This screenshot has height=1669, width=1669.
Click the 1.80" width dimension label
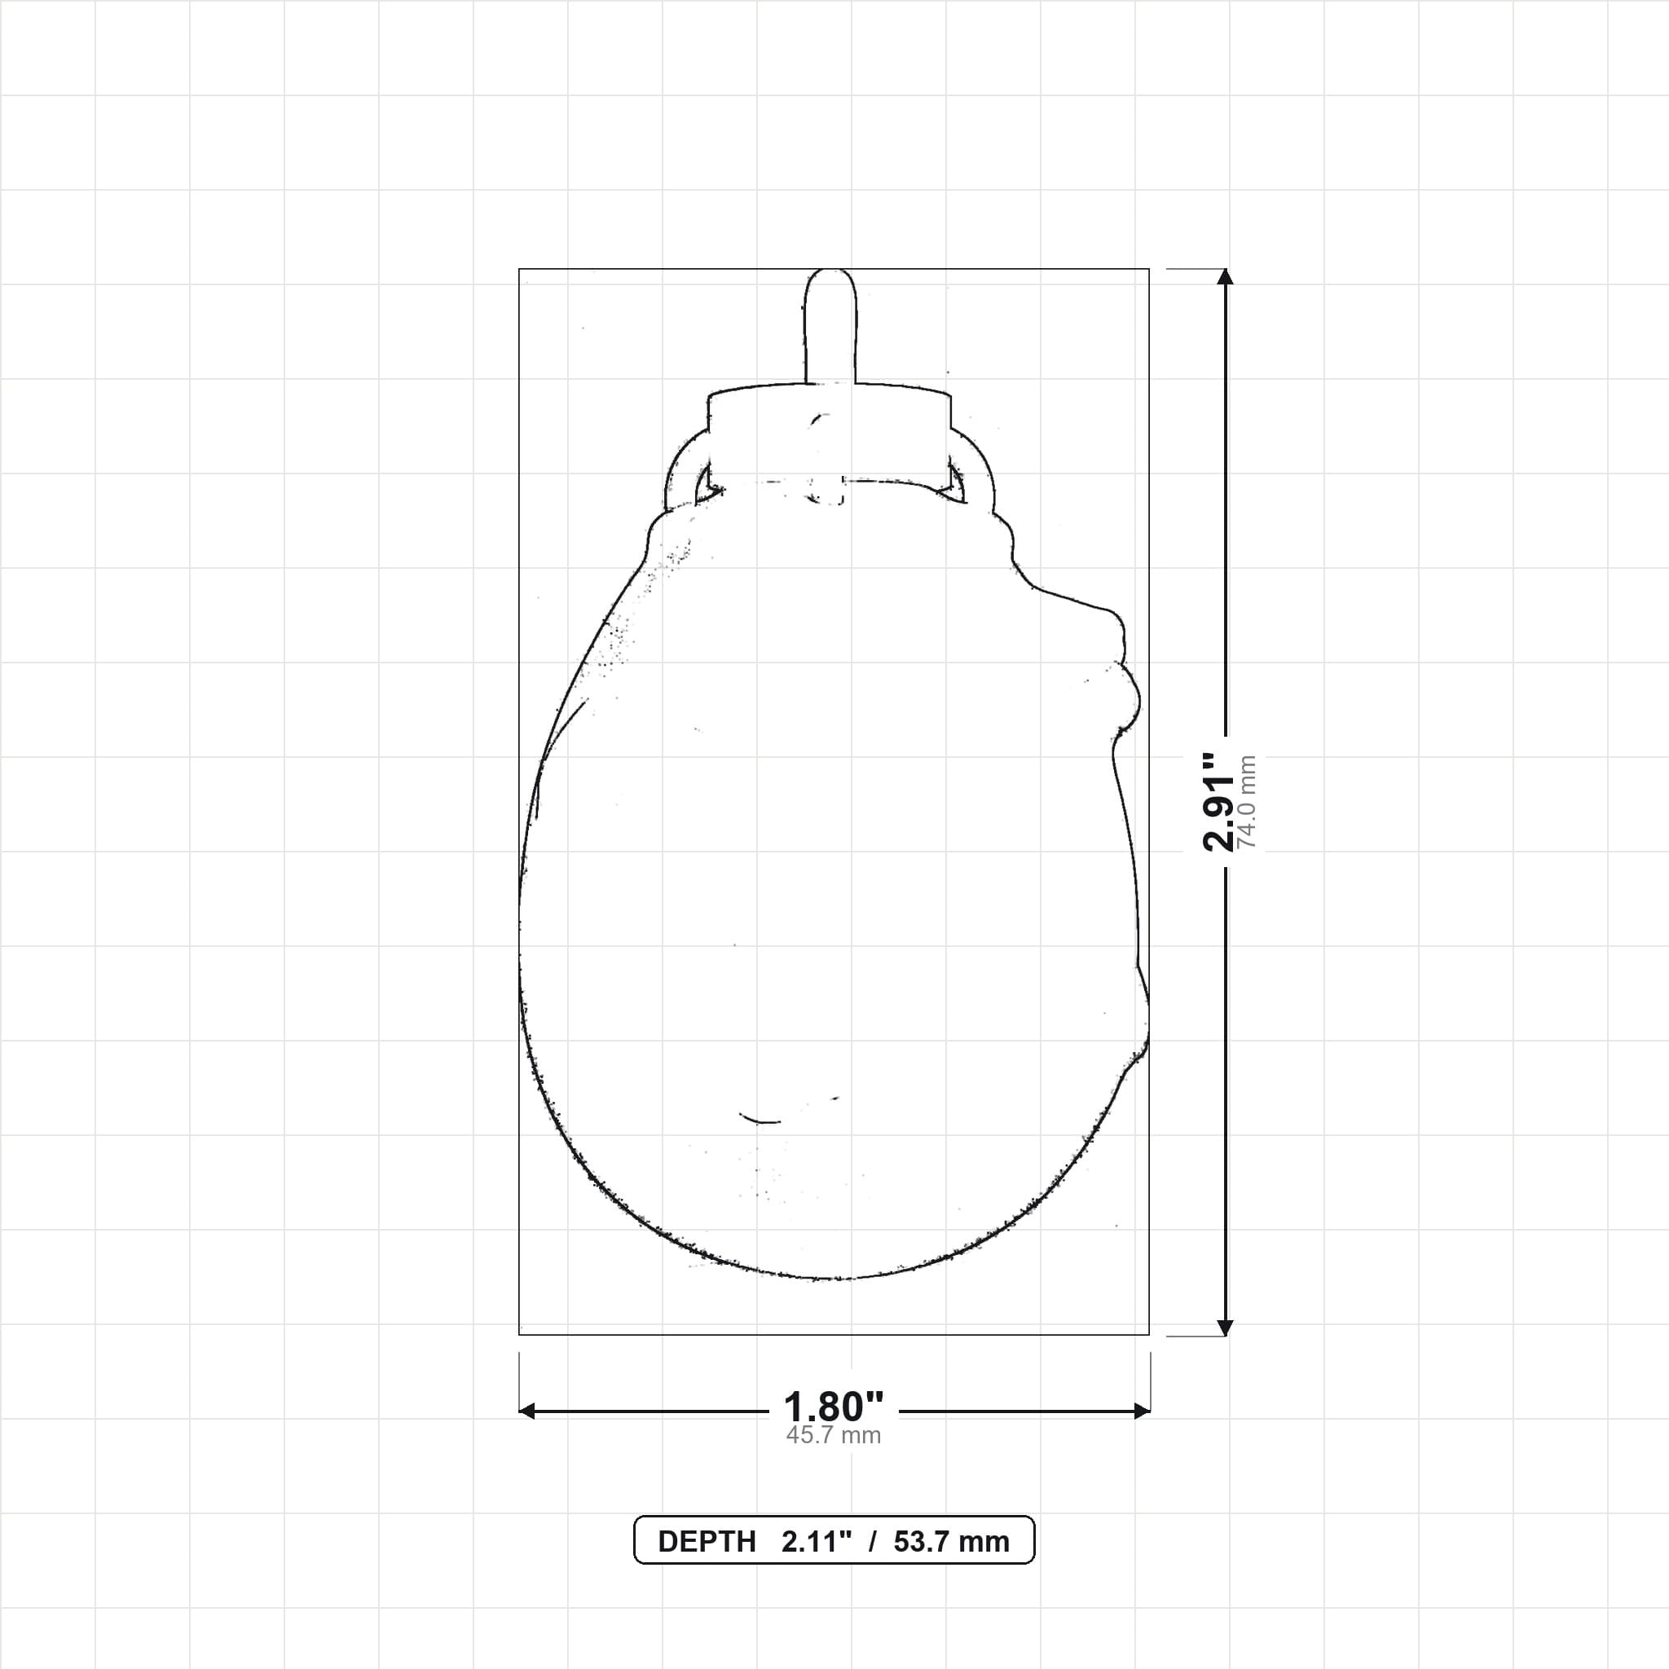click(834, 1407)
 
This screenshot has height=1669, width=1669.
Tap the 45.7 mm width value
click(834, 1436)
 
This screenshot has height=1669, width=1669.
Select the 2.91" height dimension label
click(1219, 803)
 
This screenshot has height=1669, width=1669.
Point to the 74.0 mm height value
click(1247, 803)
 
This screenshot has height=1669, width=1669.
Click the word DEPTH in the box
click(707, 1542)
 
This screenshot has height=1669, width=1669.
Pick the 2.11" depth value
click(817, 1542)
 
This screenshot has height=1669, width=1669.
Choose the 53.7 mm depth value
click(951, 1542)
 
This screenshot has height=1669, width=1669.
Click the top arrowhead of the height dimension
click(1224, 277)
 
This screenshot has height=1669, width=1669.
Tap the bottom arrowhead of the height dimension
click(1224, 1328)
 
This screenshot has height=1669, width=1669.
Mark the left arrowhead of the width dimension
click(527, 1411)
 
